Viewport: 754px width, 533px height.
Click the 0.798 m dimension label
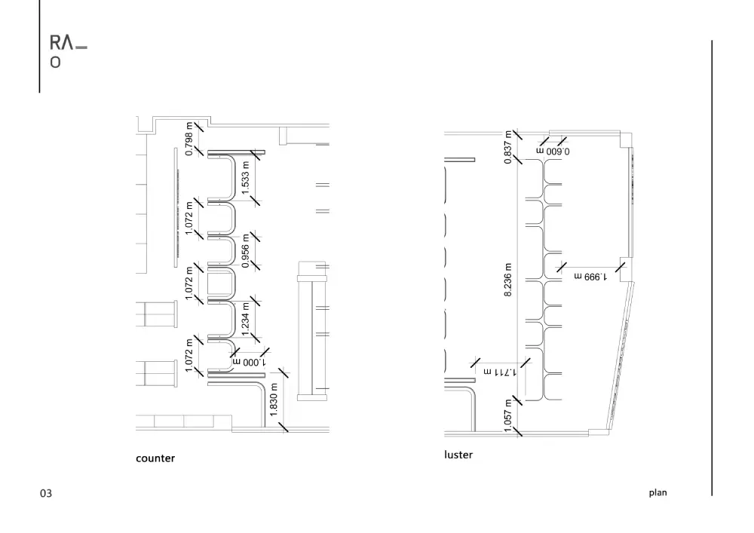(189, 139)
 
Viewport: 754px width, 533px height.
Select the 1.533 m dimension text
(245, 178)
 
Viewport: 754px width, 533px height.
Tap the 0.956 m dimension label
(245, 251)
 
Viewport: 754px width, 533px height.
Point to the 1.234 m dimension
(245, 319)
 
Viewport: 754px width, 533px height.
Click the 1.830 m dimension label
(274, 400)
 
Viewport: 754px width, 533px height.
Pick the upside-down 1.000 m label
(249, 362)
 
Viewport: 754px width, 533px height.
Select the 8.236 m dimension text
(507, 280)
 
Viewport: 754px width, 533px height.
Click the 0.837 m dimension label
(507, 147)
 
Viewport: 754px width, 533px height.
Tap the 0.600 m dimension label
(553, 152)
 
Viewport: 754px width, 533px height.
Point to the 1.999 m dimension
(590, 277)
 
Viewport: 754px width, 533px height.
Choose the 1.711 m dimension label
(500, 372)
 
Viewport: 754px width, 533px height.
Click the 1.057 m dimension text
(507, 415)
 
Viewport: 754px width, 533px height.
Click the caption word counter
(155, 458)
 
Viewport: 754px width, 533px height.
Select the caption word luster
(458, 455)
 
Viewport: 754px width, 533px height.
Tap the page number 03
(46, 494)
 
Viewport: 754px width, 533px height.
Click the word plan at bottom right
(657, 492)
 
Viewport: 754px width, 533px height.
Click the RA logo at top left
(62, 43)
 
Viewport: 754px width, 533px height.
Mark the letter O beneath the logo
(55, 63)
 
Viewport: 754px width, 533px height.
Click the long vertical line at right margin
(712, 268)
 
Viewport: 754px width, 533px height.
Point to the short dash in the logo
(81, 47)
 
